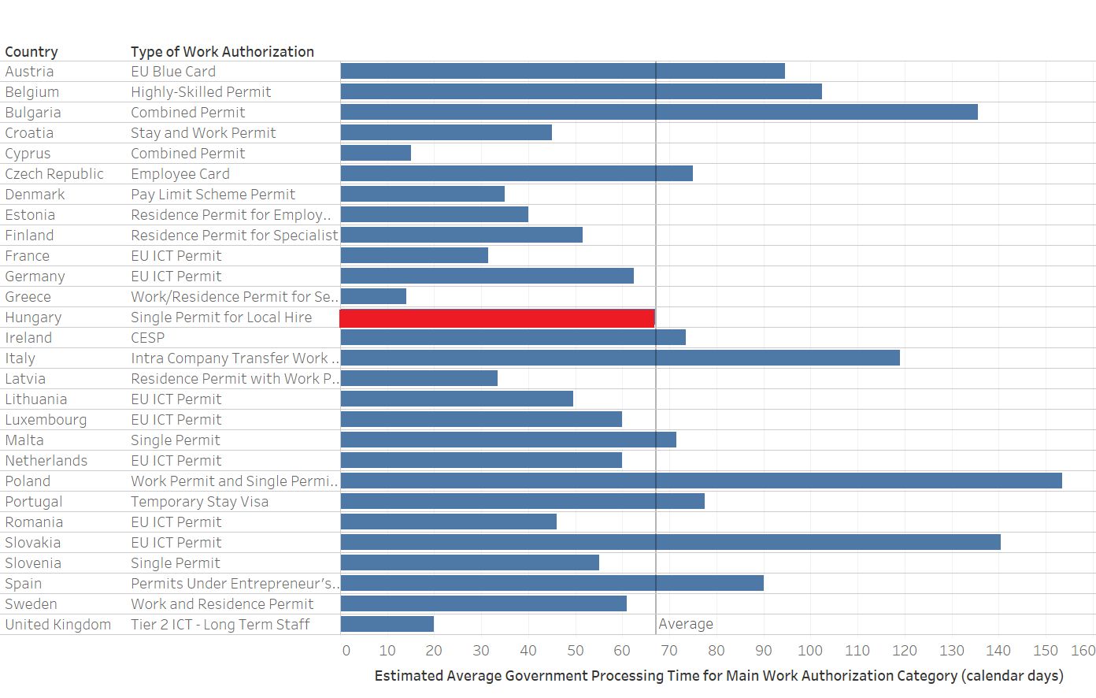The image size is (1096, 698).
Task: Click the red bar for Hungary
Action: (497, 317)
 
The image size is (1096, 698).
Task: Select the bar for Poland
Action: (701, 481)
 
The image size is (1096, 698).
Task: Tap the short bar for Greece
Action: (373, 296)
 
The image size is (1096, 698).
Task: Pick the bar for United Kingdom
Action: (387, 624)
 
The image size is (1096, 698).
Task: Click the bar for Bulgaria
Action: (659, 112)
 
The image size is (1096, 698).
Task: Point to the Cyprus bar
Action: (376, 153)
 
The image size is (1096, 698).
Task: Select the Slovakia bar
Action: (670, 542)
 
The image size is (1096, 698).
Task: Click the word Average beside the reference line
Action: (686, 624)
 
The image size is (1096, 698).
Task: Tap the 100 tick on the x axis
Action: (809, 651)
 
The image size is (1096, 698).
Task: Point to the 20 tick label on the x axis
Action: (433, 651)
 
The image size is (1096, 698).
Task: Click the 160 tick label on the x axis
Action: (1083, 651)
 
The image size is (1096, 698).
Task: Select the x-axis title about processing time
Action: (718, 676)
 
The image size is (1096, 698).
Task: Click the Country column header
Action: (31, 52)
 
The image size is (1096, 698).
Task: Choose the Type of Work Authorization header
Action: (222, 52)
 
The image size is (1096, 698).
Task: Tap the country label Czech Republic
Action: (54, 174)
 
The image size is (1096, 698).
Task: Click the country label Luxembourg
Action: (46, 420)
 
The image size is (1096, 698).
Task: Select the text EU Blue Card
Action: (173, 72)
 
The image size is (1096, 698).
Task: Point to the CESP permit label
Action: (148, 338)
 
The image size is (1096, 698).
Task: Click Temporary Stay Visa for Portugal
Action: (199, 502)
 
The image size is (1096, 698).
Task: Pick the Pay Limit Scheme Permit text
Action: (213, 195)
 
